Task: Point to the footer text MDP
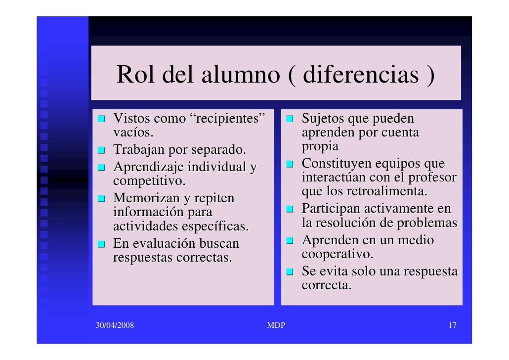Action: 276,325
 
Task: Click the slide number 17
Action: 452,325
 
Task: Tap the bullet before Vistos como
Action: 101,119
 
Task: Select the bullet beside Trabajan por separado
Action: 101,150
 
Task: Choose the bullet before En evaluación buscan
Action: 101,244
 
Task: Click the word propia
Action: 320,147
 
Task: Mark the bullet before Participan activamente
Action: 291,210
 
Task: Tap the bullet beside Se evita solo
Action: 291,272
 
